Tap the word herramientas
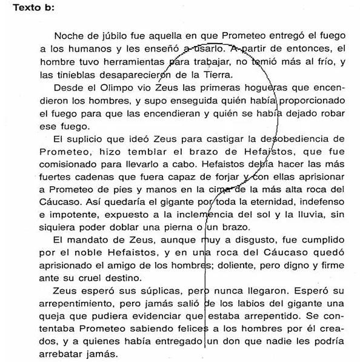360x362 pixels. tap(134, 62)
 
